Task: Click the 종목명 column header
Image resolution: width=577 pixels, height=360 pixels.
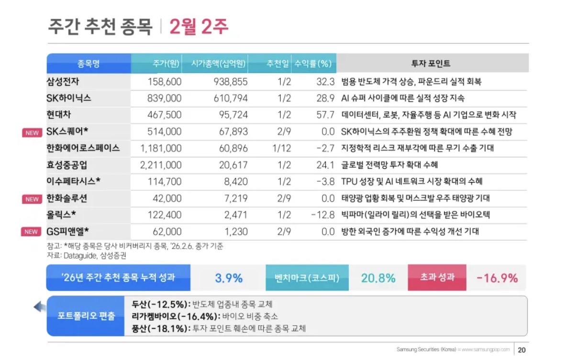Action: [89, 63]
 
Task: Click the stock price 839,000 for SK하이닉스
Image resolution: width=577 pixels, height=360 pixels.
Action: [163, 98]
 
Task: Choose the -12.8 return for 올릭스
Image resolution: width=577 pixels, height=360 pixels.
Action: [322, 215]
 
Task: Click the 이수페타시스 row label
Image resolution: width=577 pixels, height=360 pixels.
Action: [73, 181]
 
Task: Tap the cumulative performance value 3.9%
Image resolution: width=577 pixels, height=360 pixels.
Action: [228, 278]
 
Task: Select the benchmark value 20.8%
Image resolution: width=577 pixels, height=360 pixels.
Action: [378, 278]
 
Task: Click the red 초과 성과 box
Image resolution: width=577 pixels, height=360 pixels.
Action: [437, 277]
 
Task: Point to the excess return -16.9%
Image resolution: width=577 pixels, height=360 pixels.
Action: [497, 278]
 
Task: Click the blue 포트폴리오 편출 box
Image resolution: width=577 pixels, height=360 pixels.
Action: [86, 316]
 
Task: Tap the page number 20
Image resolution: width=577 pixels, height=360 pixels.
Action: [522, 349]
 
